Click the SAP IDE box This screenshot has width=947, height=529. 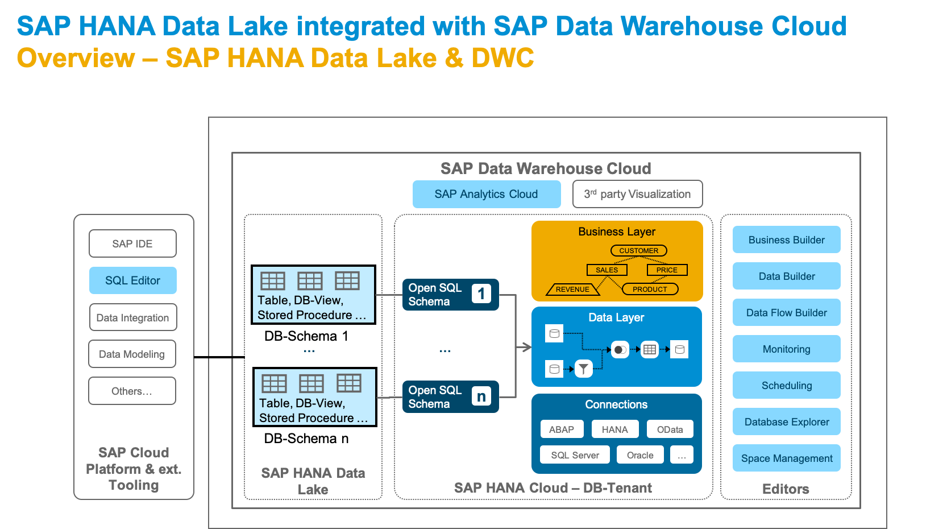132,243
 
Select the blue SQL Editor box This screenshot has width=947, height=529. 132,280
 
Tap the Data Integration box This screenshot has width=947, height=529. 132,317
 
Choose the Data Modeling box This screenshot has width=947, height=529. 132,354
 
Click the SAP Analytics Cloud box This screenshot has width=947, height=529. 486,194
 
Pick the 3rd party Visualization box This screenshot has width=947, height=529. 637,194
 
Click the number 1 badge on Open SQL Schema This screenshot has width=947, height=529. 481,294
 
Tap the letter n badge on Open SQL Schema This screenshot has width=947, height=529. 481,396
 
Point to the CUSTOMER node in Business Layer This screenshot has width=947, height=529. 638,250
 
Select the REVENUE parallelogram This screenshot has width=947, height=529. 572,289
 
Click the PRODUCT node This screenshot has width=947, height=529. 650,289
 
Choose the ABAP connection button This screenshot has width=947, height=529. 562,429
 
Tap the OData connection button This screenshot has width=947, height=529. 670,429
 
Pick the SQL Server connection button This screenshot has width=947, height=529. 575,455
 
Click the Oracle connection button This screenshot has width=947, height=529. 640,455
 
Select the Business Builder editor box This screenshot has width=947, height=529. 786,239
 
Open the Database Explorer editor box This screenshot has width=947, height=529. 786,421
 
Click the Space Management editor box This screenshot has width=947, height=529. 786,458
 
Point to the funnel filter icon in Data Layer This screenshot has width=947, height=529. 583,369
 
